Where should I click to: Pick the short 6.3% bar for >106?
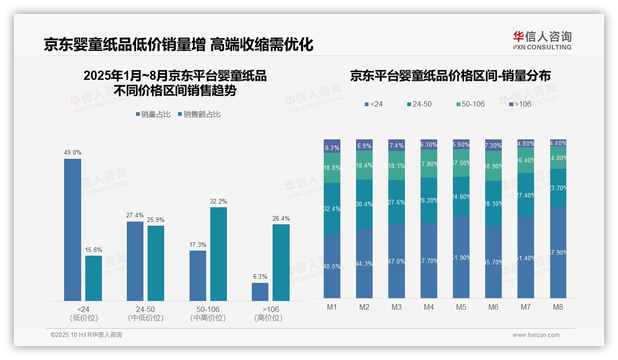(260, 292)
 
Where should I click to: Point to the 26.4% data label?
(281, 218)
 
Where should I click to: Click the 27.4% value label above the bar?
(135, 216)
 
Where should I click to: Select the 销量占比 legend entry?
(154, 114)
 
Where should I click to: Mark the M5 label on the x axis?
(461, 307)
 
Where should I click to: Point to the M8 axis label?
(558, 307)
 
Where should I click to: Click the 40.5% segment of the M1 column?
(332, 266)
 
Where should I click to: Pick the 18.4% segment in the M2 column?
(364, 165)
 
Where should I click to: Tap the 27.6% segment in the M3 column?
(397, 202)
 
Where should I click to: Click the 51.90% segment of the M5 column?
(461, 257)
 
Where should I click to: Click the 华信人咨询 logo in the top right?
(542, 40)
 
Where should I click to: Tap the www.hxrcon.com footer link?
(536, 335)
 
